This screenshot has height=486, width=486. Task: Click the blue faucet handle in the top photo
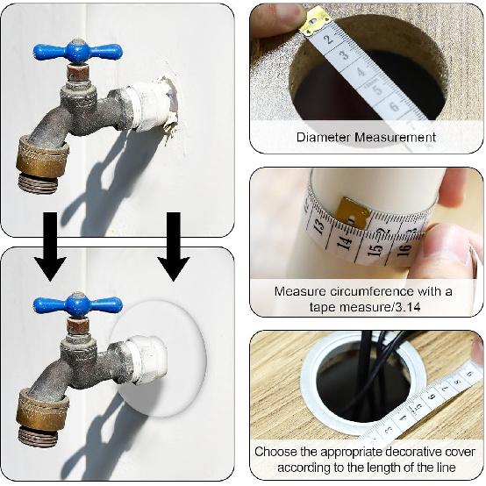(x=77, y=51)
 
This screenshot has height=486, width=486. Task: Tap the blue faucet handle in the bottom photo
(x=77, y=305)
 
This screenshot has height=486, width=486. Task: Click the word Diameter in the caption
(x=324, y=138)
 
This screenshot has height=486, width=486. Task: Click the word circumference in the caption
(x=369, y=290)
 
